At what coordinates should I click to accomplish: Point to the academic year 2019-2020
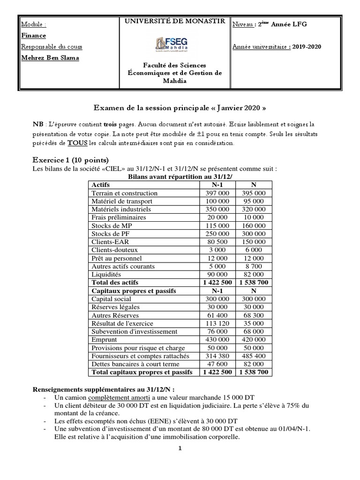click(x=305, y=47)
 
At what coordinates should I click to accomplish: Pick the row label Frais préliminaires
click(x=119, y=217)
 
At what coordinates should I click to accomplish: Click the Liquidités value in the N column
click(x=254, y=274)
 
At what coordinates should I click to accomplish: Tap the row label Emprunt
click(x=105, y=339)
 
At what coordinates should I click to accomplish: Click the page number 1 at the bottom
click(x=180, y=448)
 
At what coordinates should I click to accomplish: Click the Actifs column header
click(x=101, y=185)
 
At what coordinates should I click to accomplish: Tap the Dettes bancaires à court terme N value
click(x=254, y=364)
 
